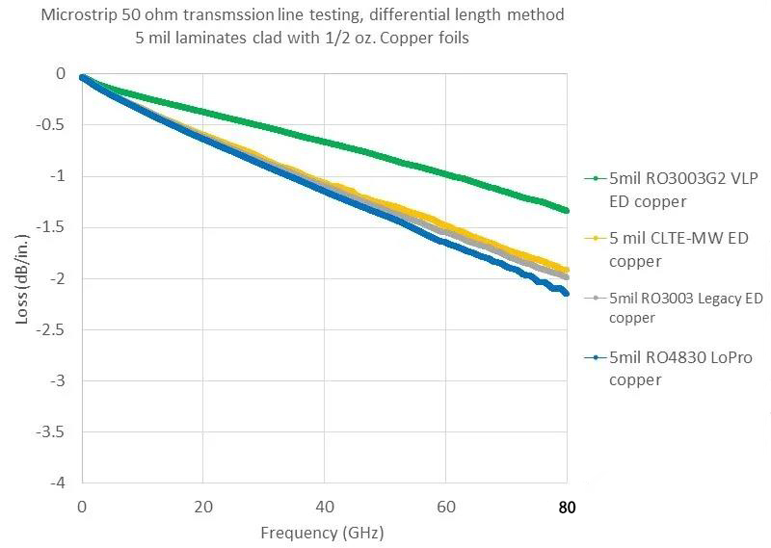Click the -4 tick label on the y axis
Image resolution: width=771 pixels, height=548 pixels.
click(60, 482)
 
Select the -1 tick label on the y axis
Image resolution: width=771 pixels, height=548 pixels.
click(60, 176)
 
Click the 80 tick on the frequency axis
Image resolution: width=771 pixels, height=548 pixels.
click(567, 507)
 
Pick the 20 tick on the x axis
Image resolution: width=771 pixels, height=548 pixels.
click(202, 507)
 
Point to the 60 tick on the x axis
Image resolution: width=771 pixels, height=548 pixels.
click(445, 507)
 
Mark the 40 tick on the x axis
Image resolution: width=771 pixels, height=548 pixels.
click(324, 507)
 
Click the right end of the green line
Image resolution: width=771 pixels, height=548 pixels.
click(567, 210)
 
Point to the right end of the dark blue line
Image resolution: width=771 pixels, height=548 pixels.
click(567, 293)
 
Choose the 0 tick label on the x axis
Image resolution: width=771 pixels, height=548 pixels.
click(82, 507)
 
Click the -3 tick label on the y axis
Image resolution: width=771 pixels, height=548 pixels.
click(60, 379)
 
